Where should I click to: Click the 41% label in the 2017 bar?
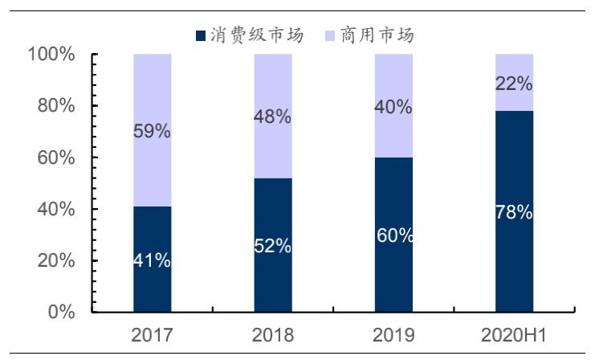[x=153, y=261]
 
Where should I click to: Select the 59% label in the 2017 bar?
[x=153, y=131]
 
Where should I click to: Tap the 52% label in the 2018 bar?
[x=273, y=247]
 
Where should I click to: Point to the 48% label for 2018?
[x=273, y=117]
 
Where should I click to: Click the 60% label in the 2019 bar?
[x=394, y=235]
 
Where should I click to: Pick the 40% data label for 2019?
[x=394, y=107]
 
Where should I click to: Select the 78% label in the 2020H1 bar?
[x=515, y=213]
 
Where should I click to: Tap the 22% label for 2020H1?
[x=515, y=84]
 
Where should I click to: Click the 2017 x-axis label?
[x=153, y=334]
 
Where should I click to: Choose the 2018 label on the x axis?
[x=273, y=334]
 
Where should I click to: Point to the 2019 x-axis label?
[x=394, y=334]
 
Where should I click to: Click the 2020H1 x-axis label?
[x=515, y=334]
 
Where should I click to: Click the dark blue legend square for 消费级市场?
[x=201, y=35]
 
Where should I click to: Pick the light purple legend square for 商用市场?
[x=331, y=35]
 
